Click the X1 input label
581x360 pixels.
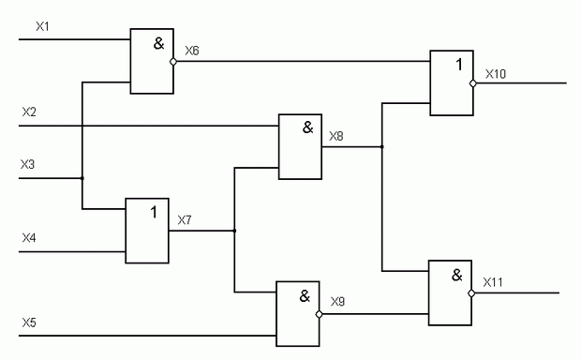42,26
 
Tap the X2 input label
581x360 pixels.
29,112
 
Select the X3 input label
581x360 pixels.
27,164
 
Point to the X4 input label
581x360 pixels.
29,237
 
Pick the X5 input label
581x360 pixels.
29,322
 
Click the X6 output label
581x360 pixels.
192,51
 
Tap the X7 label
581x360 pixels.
185,220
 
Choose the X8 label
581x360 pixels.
336,136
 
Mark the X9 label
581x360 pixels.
337,302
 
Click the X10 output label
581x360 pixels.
496,74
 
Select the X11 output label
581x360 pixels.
493,282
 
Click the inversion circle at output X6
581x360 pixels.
173,62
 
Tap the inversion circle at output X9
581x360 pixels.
319,314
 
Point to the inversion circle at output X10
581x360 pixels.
473,83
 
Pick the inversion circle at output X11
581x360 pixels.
471,293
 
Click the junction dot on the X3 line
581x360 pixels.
82,178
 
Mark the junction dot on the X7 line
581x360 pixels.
234,231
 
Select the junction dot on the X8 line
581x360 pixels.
382,147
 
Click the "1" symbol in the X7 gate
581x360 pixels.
154,213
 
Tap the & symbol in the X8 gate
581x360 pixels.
308,127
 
